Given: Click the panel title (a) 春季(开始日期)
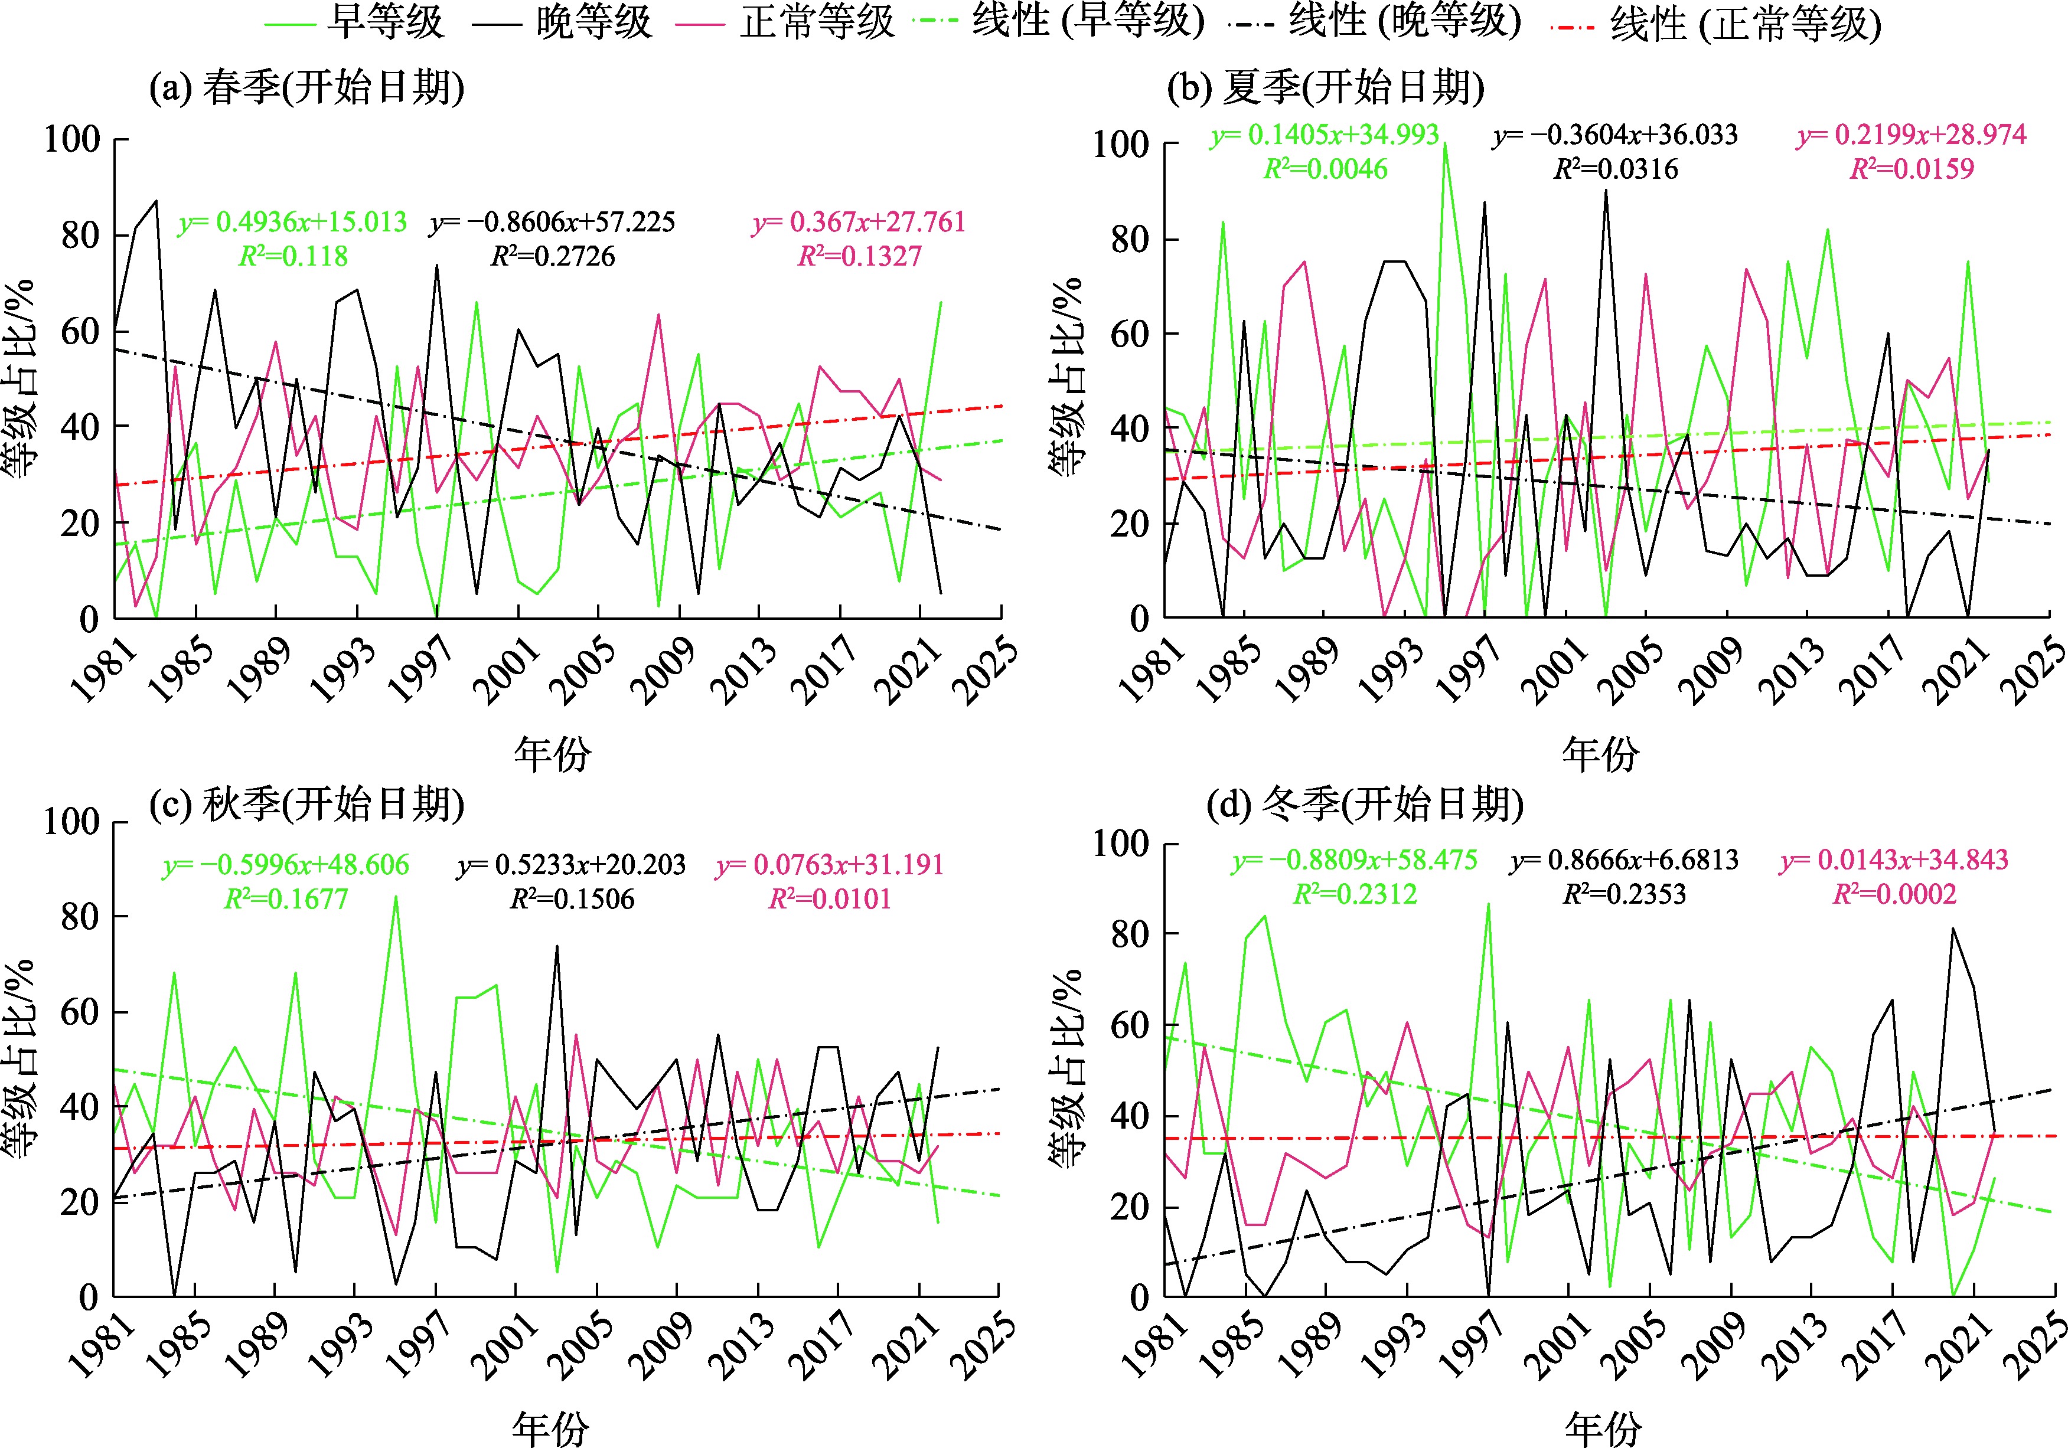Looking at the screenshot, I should coord(307,87).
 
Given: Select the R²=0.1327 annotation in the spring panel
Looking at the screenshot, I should coord(859,257).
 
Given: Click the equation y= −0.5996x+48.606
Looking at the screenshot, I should coord(286,864).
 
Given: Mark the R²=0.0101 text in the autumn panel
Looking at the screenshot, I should coord(830,898).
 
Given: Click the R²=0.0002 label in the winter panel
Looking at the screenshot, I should coord(1895,894).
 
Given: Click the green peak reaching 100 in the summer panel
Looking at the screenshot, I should coord(1445,143).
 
